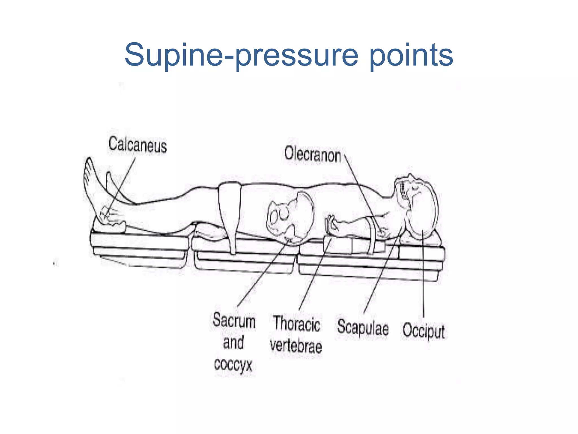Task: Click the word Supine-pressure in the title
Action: tap(242, 55)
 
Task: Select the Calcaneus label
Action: tap(137, 145)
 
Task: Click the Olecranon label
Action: tap(312, 154)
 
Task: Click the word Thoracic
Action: tap(296, 324)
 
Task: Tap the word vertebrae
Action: tap(296, 345)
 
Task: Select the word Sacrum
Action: tap(234, 321)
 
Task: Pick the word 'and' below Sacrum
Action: tap(233, 342)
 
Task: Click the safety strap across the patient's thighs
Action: tap(230, 215)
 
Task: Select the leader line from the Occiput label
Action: tap(423, 274)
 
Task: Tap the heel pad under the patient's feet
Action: tap(110, 226)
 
